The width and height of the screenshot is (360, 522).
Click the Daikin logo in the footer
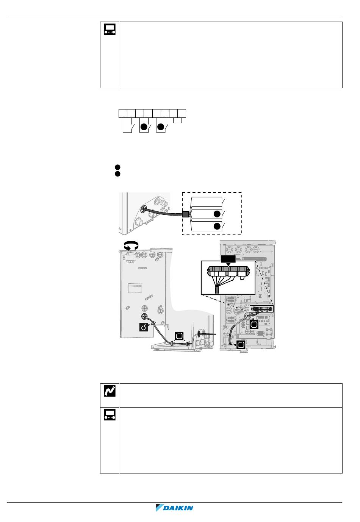174,508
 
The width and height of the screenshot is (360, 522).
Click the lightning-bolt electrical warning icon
110,391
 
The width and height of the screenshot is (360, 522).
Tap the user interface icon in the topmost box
110,30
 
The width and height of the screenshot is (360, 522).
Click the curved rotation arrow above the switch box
131,245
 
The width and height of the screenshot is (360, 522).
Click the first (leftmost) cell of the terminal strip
123,114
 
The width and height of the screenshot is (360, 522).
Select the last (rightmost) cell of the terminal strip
182,114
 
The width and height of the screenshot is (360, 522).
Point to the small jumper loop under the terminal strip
177,120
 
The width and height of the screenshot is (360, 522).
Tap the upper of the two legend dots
117,167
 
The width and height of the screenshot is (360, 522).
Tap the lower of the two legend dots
117,174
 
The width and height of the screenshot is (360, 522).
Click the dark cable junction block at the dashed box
185,214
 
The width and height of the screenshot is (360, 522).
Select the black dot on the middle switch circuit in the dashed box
217,214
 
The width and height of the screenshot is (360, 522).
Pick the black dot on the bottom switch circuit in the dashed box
217,226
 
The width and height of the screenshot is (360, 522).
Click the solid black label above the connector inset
228,259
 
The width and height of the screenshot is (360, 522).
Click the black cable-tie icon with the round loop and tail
143,327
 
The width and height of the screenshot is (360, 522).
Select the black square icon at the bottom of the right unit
241,344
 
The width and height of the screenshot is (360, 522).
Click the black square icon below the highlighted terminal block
254,324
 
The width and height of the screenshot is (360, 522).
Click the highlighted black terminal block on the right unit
261,309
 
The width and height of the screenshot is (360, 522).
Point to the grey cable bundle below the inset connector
217,291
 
